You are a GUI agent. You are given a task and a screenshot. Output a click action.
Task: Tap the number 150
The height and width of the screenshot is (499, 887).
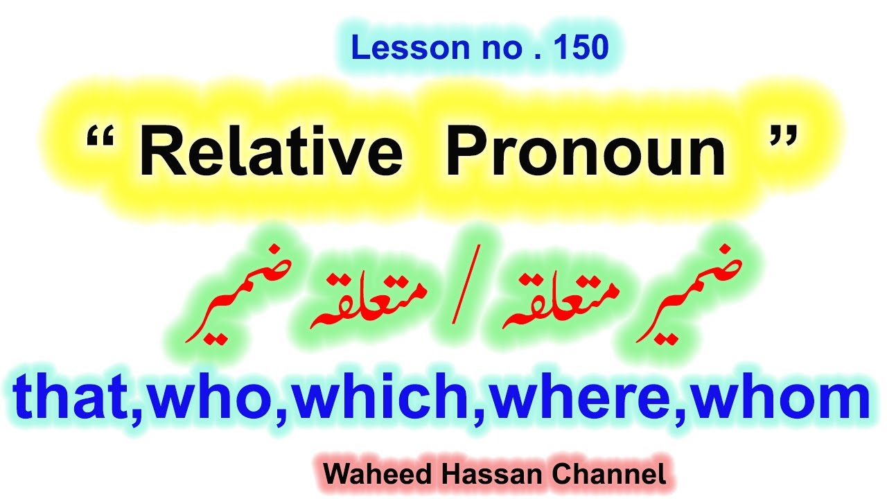tap(581, 48)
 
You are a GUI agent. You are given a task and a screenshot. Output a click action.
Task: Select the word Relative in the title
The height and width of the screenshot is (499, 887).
tap(270, 154)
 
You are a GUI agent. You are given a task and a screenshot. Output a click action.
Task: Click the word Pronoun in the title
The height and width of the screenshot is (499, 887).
tap(586, 154)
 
